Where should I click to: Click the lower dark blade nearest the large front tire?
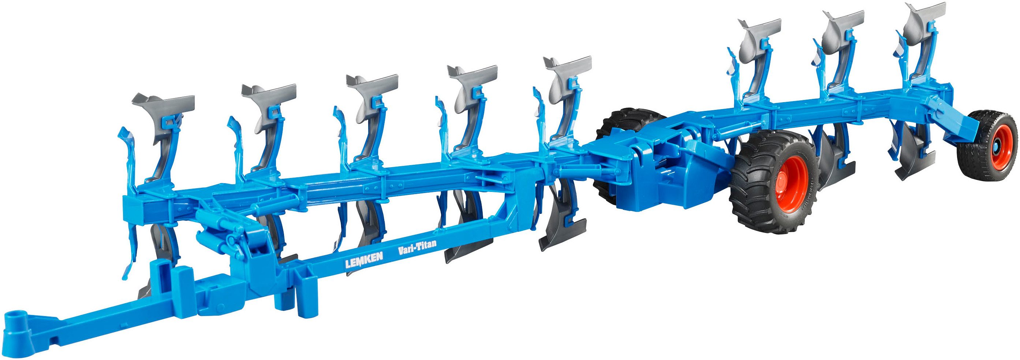(x=832, y=162)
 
